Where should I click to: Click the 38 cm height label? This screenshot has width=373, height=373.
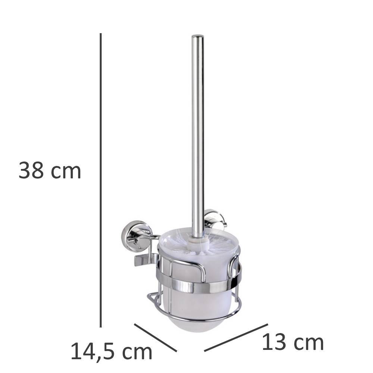tap(50, 170)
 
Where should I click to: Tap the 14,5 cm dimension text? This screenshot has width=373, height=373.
tap(111, 351)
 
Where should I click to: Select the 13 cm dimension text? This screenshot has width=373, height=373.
tap(293, 342)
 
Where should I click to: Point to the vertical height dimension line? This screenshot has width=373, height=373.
tap(101, 180)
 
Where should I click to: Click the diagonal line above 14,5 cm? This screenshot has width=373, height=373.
tap(156, 337)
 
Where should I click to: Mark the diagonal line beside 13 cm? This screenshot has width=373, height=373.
tap(236, 337)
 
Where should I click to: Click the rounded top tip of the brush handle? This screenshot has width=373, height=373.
tap(198, 36)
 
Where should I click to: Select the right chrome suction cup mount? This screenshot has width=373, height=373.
tap(214, 219)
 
